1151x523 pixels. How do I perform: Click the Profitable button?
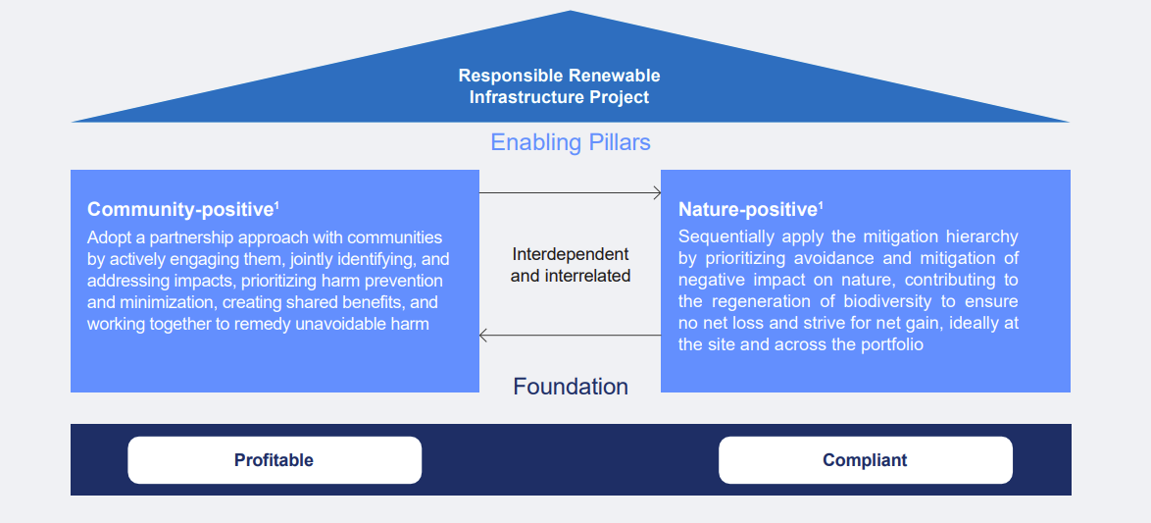click(274, 460)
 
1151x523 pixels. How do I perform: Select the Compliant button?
click(865, 460)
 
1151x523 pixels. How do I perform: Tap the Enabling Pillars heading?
click(571, 142)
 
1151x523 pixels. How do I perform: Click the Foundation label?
click(571, 387)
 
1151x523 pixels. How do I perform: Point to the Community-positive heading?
click(179, 209)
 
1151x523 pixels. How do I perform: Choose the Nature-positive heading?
click(747, 209)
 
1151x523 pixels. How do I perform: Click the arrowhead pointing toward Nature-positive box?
click(657, 193)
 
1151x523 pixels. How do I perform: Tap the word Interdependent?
click(571, 254)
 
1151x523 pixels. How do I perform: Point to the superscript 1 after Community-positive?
click(276, 205)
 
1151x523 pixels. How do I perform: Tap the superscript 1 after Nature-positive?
click(821, 205)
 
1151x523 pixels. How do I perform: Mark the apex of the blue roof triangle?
click(571, 13)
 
